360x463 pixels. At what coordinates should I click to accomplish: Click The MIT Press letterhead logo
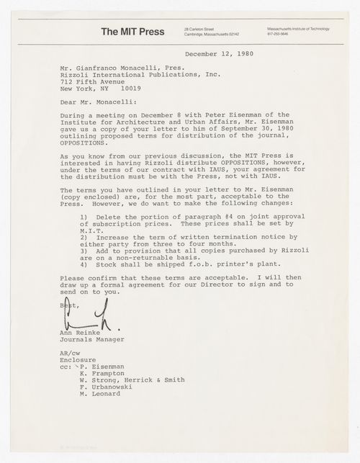click(x=132, y=31)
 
